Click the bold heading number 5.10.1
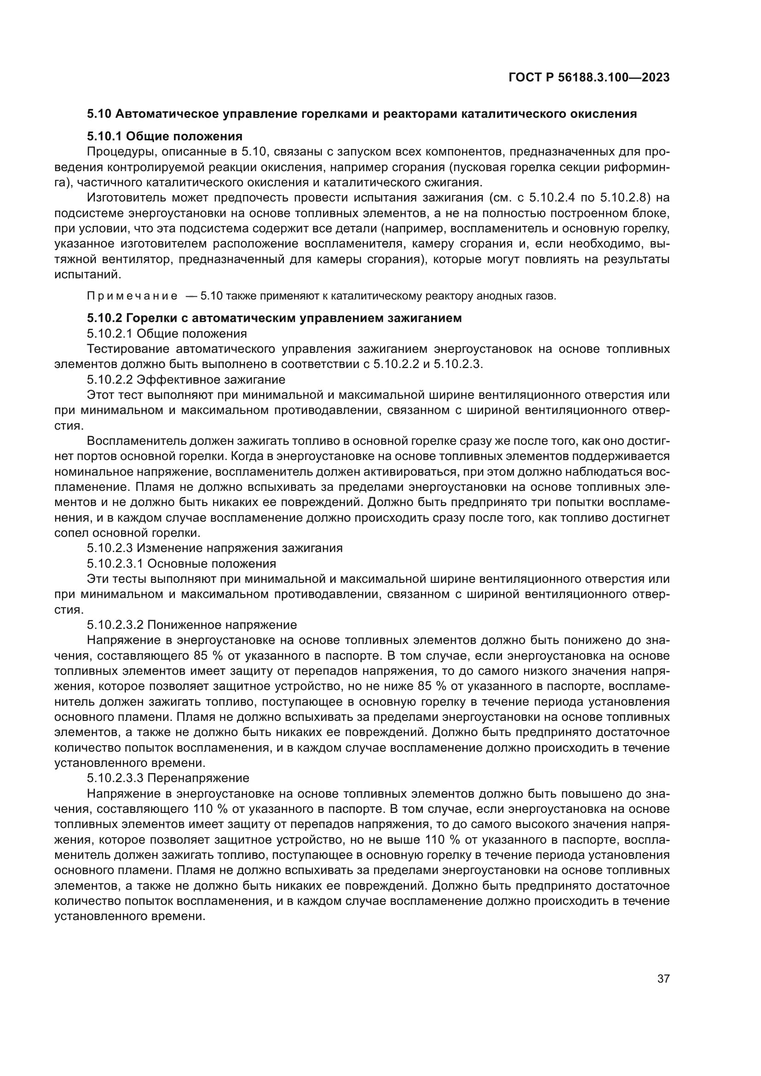pyautogui.click(x=104, y=136)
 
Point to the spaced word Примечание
pyautogui.click(x=132, y=296)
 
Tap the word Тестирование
pyautogui.click(x=128, y=349)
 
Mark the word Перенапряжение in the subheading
pyautogui.click(x=198, y=778)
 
